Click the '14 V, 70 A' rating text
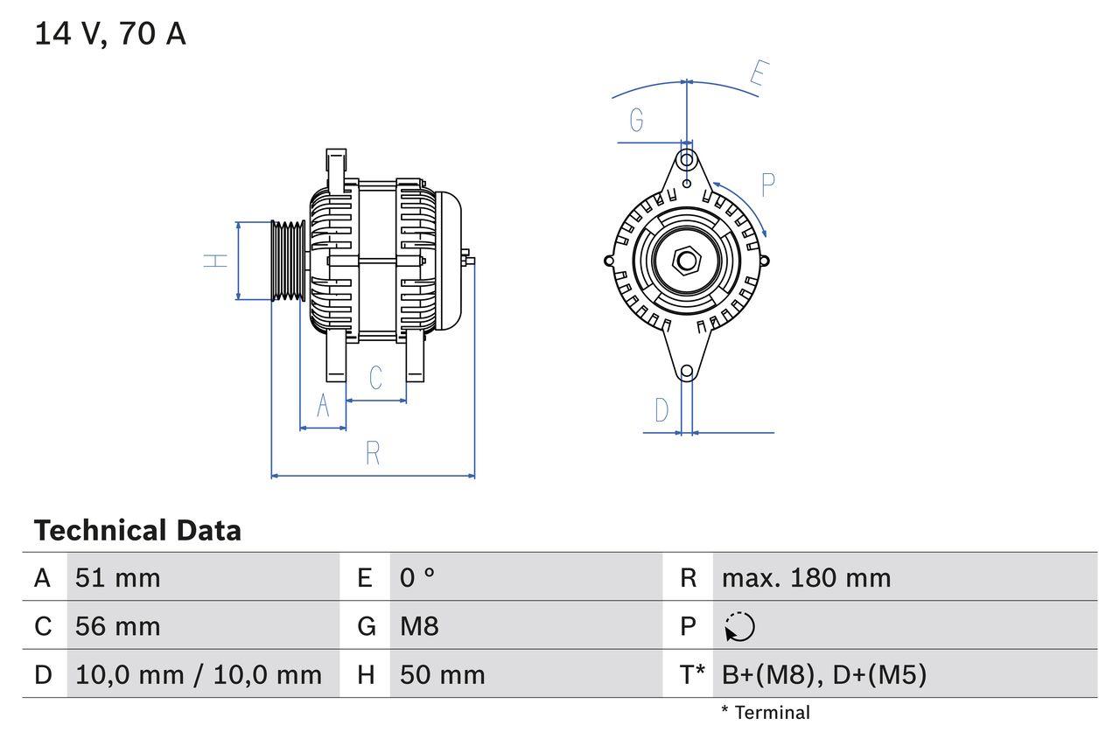(x=110, y=34)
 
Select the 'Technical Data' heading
(x=137, y=530)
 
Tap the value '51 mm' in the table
(x=118, y=577)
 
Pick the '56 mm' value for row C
(x=118, y=626)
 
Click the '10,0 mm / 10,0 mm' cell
(x=199, y=674)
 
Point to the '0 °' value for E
(x=417, y=577)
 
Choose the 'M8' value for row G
(x=419, y=626)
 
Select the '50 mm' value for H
(x=442, y=674)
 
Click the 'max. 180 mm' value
(x=806, y=577)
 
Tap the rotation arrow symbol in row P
(x=739, y=626)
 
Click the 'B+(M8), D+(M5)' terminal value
(x=823, y=674)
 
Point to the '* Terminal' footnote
(x=766, y=713)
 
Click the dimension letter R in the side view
(x=373, y=453)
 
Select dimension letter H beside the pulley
(x=216, y=260)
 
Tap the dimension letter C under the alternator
(x=375, y=378)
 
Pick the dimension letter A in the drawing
(x=323, y=407)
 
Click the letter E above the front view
(x=759, y=76)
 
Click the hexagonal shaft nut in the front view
(x=687, y=260)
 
